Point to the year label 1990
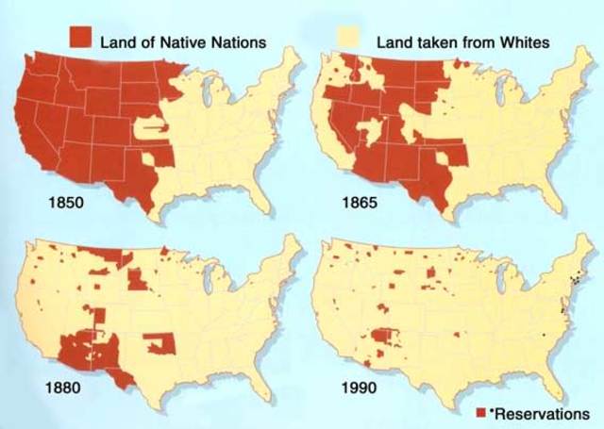click(x=361, y=387)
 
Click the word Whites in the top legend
click(x=519, y=41)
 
